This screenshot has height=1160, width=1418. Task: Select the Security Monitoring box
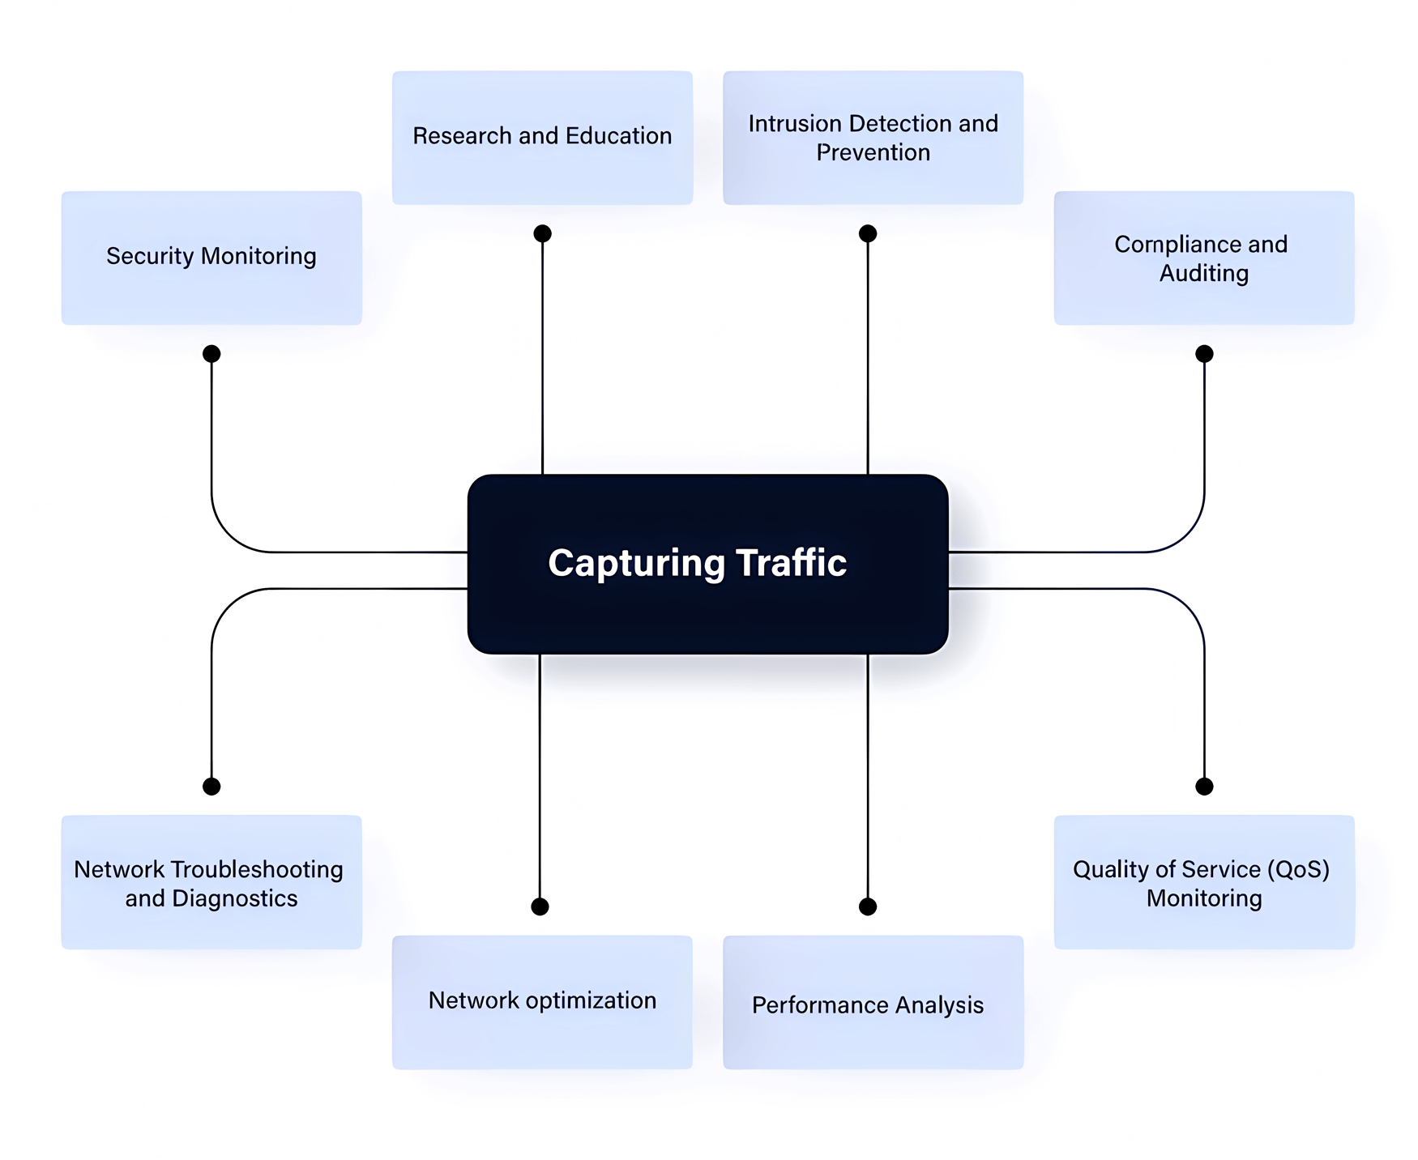[x=211, y=258]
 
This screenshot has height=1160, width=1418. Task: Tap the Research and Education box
[x=542, y=137]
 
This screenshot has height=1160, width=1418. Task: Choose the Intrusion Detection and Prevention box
[x=873, y=137]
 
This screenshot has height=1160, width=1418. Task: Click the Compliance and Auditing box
[x=1203, y=258]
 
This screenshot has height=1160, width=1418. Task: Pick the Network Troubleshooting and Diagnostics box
[x=211, y=882]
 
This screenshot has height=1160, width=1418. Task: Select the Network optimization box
[x=542, y=1002]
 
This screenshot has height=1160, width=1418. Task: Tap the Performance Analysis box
[x=873, y=1002]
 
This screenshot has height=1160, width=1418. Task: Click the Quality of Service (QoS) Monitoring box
[x=1203, y=882]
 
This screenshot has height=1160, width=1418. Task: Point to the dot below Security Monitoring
[x=211, y=354]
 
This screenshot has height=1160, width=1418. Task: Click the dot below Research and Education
[x=542, y=234]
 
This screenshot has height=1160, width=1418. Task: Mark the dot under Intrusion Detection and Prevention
[x=868, y=234]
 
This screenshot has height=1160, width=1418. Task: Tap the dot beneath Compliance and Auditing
[x=1204, y=354]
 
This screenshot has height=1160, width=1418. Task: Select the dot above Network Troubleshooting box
[x=211, y=787]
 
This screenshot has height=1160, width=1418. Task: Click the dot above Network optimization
[x=540, y=906]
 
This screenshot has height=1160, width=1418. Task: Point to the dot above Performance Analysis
[x=868, y=906]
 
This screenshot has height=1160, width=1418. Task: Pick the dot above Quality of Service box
[x=1204, y=787]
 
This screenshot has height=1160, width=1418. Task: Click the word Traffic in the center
[x=791, y=563]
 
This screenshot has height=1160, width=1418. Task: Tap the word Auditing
[x=1203, y=273]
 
